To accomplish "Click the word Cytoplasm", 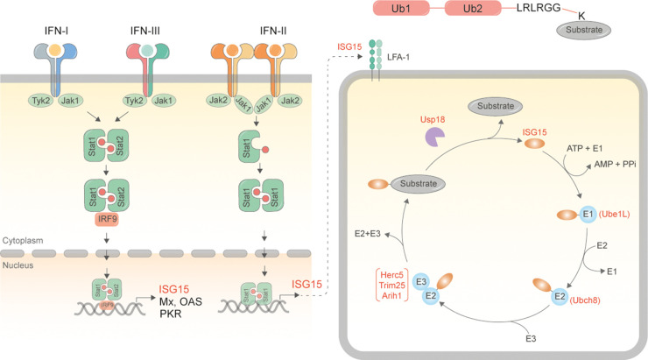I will point(24,238).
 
